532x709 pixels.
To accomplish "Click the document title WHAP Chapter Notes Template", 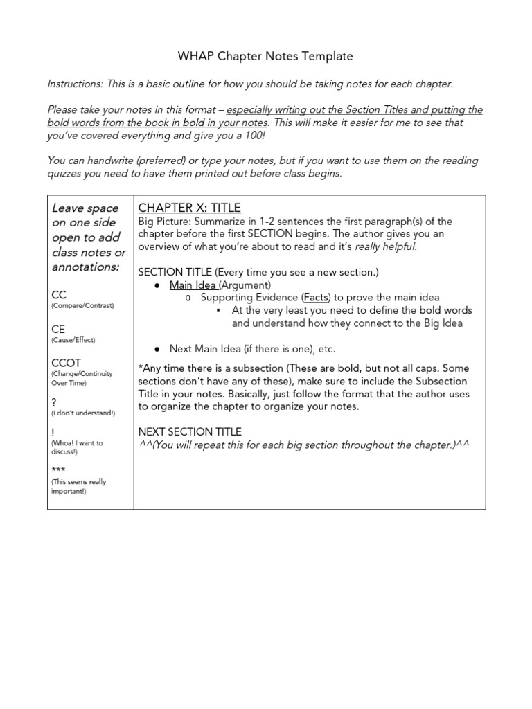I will point(266,56).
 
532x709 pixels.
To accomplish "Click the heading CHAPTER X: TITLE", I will point(189,208).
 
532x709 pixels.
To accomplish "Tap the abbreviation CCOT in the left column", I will point(66,363).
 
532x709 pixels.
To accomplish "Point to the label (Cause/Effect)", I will point(73,340).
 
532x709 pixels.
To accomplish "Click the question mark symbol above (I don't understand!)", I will point(54,402).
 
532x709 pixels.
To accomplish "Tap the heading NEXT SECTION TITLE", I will point(190,431).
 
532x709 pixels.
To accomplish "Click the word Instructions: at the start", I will point(74,84).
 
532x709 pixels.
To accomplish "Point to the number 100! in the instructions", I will point(253,135).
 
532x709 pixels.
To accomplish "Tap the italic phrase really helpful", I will point(386,247).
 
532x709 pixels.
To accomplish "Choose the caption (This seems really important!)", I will point(78,486).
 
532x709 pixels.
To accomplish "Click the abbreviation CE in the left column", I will point(58,329).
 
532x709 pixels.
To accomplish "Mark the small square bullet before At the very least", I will point(218,311).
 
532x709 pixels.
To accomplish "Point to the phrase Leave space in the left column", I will point(85,208).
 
